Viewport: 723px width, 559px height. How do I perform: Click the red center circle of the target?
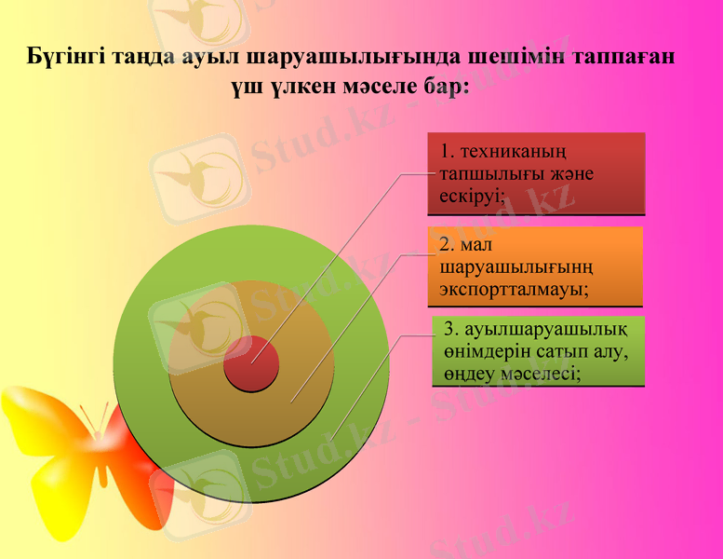pyautogui.click(x=251, y=363)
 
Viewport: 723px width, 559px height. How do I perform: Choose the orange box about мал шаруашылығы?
pyautogui.click(x=536, y=266)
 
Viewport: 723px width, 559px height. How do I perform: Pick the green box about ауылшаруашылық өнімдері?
pyautogui.click(x=539, y=351)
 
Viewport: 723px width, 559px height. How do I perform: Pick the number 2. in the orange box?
pyautogui.click(x=447, y=244)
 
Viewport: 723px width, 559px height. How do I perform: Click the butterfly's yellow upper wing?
pyautogui.click(x=37, y=419)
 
